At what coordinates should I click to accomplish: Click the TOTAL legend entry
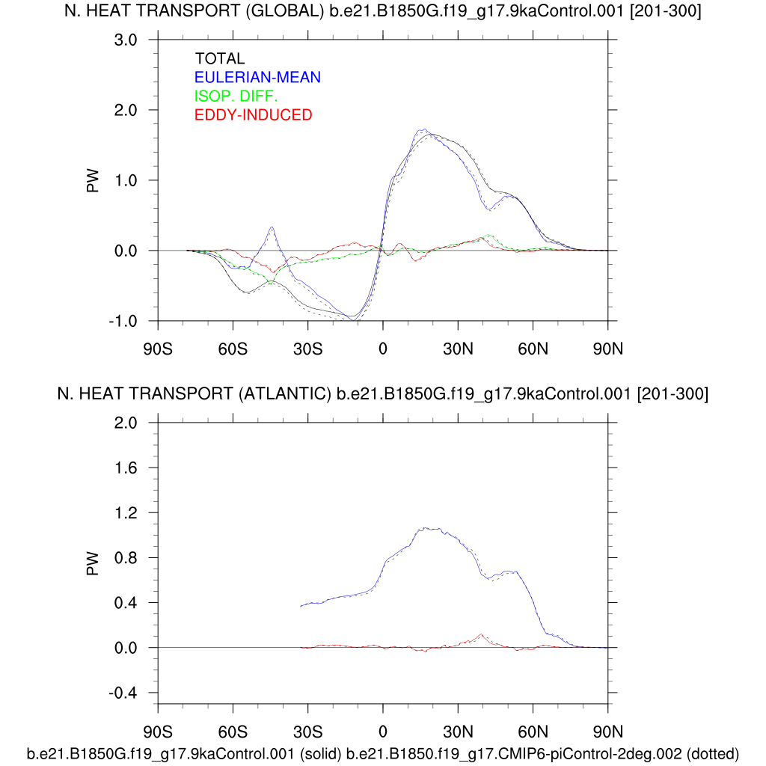coord(219,58)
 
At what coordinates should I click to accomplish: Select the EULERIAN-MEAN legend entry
coord(257,77)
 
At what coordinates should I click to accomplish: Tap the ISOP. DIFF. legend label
coord(236,96)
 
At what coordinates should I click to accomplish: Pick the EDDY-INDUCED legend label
coord(253,114)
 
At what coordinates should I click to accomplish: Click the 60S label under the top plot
coord(233,348)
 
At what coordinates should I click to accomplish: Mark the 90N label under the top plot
coord(607,348)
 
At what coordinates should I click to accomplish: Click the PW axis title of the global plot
coord(94,180)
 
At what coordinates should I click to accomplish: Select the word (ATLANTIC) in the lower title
coord(283,393)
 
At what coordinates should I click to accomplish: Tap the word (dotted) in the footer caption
coord(712,753)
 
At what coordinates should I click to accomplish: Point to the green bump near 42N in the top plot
coord(488,235)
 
